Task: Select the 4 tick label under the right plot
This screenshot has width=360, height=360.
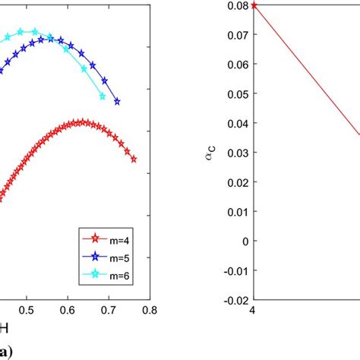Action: click(x=254, y=311)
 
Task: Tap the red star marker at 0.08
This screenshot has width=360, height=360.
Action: click(x=254, y=5)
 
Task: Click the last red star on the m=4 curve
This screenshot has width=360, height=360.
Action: click(x=134, y=159)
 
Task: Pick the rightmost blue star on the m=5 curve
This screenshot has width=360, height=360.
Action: click(x=117, y=101)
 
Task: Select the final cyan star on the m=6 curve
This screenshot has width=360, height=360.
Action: click(x=102, y=96)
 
